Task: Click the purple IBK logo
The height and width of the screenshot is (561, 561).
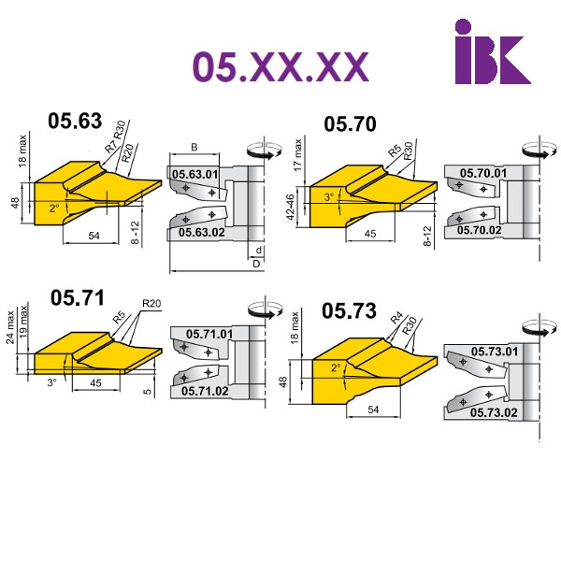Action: [493, 51]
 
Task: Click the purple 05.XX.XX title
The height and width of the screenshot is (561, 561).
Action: [280, 66]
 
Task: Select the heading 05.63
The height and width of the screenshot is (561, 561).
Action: [75, 121]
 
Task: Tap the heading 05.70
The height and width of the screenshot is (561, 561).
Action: [350, 124]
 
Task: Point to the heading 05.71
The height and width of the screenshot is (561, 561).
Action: [78, 297]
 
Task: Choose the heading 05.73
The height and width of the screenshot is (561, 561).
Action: [349, 310]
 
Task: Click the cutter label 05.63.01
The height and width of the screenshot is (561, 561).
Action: [195, 175]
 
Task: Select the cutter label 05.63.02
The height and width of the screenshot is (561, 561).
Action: [202, 232]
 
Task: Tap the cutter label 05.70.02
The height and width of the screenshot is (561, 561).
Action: [479, 230]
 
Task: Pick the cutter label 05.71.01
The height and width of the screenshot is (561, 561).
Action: [209, 334]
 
